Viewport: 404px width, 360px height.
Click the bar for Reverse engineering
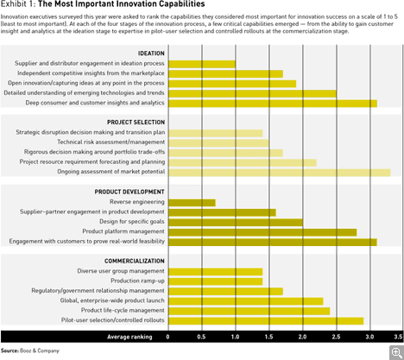coord(192,203)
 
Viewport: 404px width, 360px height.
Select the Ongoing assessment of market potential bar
coord(280,173)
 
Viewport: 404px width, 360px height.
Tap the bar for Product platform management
coord(262,232)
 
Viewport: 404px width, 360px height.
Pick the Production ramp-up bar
coord(216,281)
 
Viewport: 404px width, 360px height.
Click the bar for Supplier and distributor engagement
coord(202,64)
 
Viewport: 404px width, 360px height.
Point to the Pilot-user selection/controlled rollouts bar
coord(266,321)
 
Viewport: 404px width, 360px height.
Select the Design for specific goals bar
coord(236,223)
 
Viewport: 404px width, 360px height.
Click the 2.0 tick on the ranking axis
coord(302,337)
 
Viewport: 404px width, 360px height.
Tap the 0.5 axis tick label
coord(201,337)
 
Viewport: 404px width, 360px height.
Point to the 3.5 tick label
coord(398,337)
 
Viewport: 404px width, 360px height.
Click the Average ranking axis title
coord(129,337)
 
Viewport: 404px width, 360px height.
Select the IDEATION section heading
coord(151,54)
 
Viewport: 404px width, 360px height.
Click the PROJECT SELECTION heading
coord(136,123)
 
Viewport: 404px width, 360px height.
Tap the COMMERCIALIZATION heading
coord(135,261)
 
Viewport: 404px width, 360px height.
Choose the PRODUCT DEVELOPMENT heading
coord(129,192)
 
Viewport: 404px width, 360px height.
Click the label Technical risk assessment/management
coord(111,142)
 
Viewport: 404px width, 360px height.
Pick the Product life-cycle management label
coord(123,310)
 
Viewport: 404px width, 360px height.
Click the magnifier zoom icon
coord(397,353)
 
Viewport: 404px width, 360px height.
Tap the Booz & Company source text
coord(40,351)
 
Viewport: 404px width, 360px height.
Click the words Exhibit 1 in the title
coord(17,4)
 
